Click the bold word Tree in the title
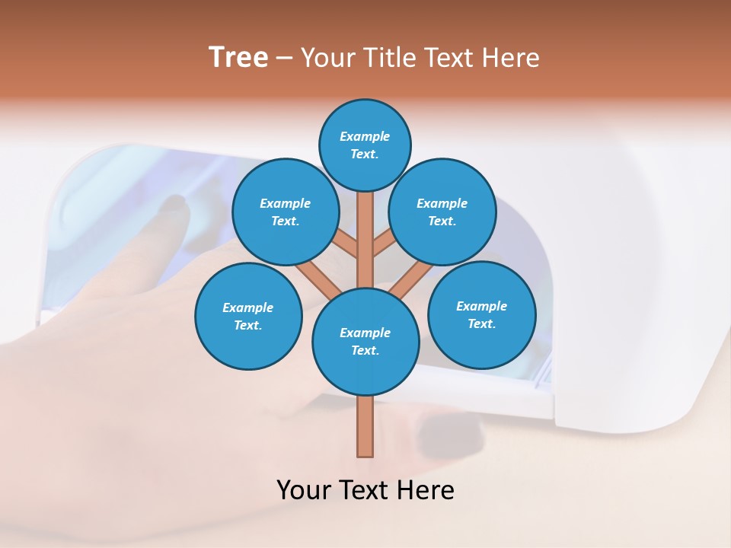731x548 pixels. (x=238, y=57)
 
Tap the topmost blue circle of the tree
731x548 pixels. (x=365, y=145)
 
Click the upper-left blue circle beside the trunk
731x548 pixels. (x=285, y=212)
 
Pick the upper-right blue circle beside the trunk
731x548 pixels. (x=442, y=212)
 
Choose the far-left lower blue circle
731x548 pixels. (x=248, y=316)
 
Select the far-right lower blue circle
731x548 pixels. (x=481, y=314)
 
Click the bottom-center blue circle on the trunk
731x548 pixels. (x=365, y=341)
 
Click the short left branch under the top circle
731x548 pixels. (x=347, y=244)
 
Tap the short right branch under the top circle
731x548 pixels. (x=383, y=244)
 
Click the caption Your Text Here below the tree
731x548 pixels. (x=365, y=489)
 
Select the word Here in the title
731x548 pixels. (x=512, y=57)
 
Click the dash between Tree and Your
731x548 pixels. (x=284, y=58)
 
